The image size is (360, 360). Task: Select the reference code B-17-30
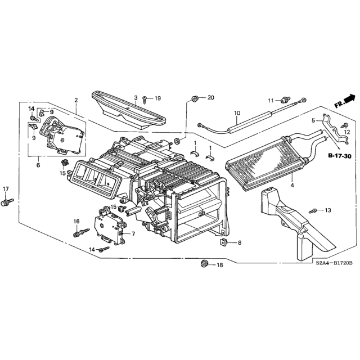[340, 156]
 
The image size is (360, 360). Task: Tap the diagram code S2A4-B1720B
[334, 263]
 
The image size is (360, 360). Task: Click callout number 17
[6, 189]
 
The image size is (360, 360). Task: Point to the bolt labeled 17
[7, 202]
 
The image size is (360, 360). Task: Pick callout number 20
[210, 97]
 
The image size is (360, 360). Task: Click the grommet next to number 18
[204, 263]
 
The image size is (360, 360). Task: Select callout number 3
[136, 97]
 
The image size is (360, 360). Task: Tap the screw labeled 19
[145, 100]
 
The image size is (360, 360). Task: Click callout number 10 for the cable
[237, 113]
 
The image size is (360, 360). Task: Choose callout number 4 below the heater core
[292, 185]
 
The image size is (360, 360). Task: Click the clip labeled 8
[223, 242]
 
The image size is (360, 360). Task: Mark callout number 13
[328, 210]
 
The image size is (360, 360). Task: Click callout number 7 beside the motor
[133, 234]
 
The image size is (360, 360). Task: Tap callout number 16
[76, 221]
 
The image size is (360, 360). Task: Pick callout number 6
[38, 165]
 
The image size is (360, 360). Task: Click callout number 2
[76, 100]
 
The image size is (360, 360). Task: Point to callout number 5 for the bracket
[313, 120]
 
